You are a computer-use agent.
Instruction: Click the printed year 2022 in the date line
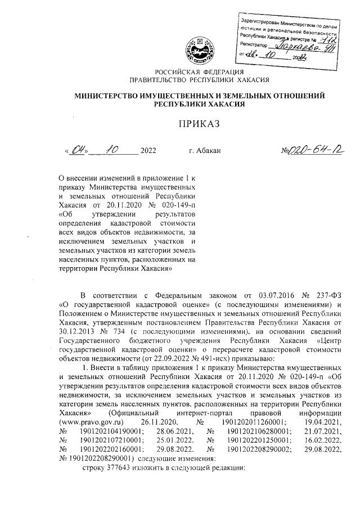[x=148, y=151]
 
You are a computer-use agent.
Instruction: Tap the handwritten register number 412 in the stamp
[x=321, y=38]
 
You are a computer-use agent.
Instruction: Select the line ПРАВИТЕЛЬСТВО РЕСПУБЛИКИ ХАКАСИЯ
[x=200, y=80]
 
